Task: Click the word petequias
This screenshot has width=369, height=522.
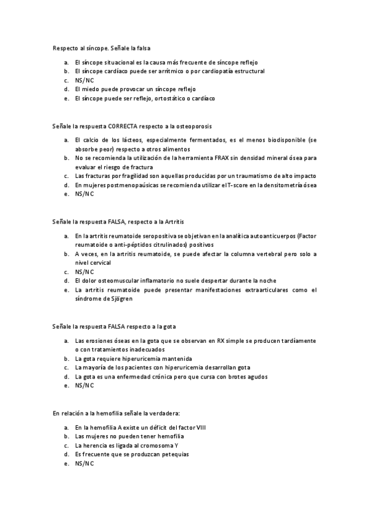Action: pos(174,454)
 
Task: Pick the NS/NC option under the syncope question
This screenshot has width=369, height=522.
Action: pos(84,80)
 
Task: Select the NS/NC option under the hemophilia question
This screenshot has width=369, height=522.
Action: pos(84,463)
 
